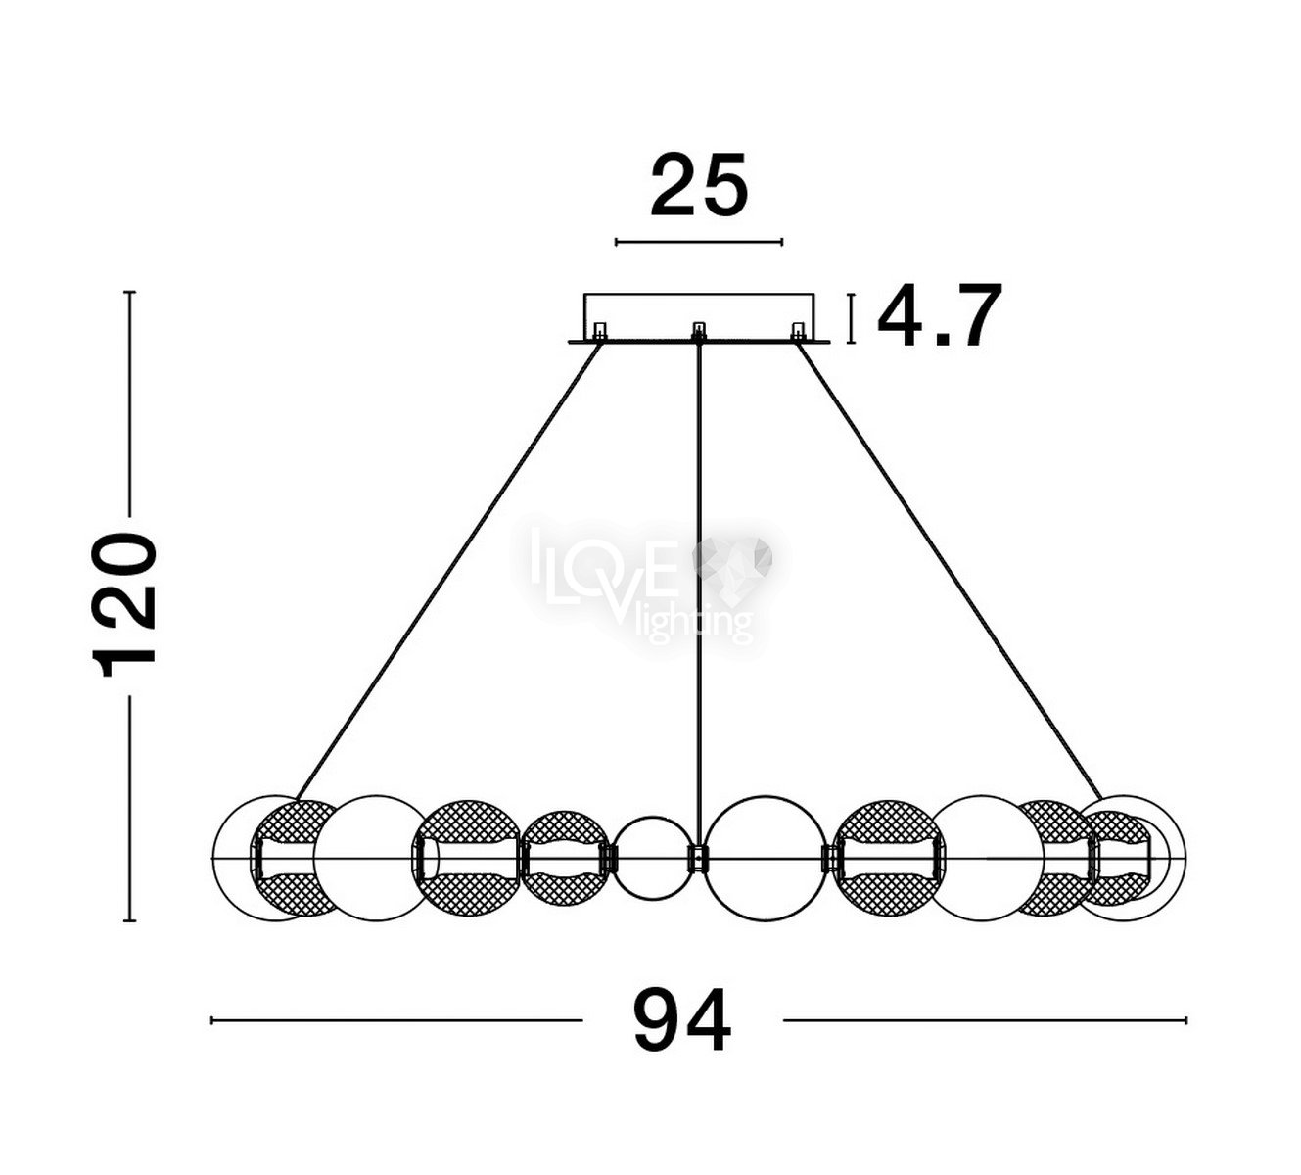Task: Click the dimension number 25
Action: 699,185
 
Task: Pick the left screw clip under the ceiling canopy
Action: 600,331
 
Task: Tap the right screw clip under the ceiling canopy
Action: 799,331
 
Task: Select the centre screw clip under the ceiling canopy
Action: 699,331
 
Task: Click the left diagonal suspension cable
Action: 448,572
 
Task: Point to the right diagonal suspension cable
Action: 950,572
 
